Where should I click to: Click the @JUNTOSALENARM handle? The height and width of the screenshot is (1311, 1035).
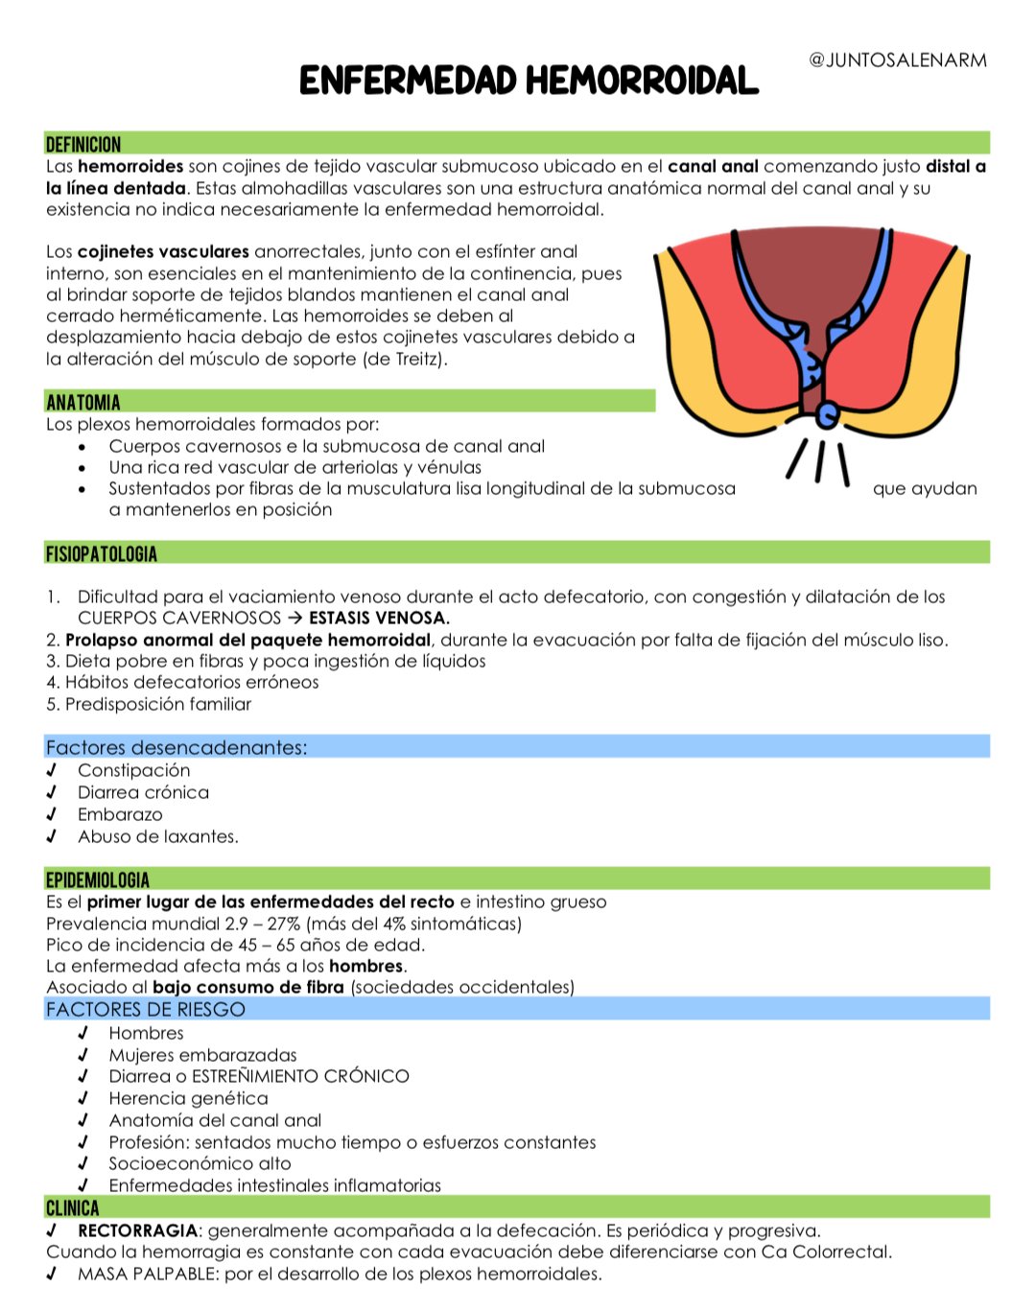tap(898, 60)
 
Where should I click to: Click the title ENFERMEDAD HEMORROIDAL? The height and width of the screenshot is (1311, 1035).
tap(529, 82)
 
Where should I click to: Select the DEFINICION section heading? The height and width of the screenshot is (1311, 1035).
tap(83, 145)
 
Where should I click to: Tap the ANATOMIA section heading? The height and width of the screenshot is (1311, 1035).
tap(83, 402)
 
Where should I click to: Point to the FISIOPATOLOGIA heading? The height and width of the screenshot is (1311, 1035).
tap(102, 553)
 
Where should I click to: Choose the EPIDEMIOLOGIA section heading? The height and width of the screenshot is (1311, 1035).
tap(98, 879)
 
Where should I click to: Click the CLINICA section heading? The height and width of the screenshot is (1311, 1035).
tap(73, 1207)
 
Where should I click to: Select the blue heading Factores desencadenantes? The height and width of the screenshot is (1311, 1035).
tap(176, 747)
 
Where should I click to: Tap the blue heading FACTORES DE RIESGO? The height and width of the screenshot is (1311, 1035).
tap(146, 1009)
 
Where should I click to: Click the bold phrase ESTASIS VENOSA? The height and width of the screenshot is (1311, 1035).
tap(379, 618)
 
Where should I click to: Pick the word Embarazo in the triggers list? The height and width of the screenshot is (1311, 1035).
tap(120, 814)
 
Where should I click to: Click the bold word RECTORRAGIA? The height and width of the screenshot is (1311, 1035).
tap(137, 1230)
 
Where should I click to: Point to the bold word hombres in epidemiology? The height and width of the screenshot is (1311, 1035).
tap(365, 966)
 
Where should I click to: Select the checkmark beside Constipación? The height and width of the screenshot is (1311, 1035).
tap(52, 770)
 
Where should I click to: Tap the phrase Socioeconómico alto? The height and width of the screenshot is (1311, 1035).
tap(200, 1163)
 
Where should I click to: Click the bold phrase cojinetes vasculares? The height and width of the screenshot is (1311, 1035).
tap(163, 251)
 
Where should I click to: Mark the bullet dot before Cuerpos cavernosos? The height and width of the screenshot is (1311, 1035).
tap(83, 447)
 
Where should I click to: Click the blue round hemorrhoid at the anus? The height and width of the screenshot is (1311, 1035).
tap(828, 415)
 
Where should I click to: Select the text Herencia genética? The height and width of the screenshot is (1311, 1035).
tap(188, 1098)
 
